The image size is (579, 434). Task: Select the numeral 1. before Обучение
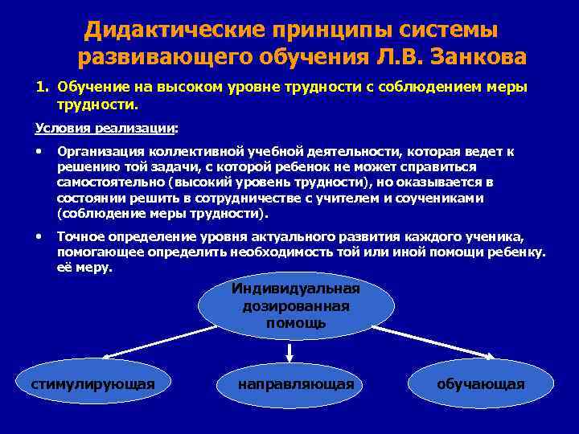[x=43, y=87]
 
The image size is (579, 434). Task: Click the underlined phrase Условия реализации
[x=105, y=128]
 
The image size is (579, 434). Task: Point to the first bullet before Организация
[x=39, y=150]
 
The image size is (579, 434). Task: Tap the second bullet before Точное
[x=39, y=237]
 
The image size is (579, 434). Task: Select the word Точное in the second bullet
[x=81, y=238]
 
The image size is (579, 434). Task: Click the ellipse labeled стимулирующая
[x=92, y=384]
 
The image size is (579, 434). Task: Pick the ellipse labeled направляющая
[x=296, y=384]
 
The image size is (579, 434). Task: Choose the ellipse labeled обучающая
[x=481, y=384]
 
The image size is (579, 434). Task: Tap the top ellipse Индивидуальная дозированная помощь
[x=296, y=306]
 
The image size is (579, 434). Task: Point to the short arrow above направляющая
[x=289, y=351]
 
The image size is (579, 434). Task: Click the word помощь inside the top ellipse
[x=296, y=323]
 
